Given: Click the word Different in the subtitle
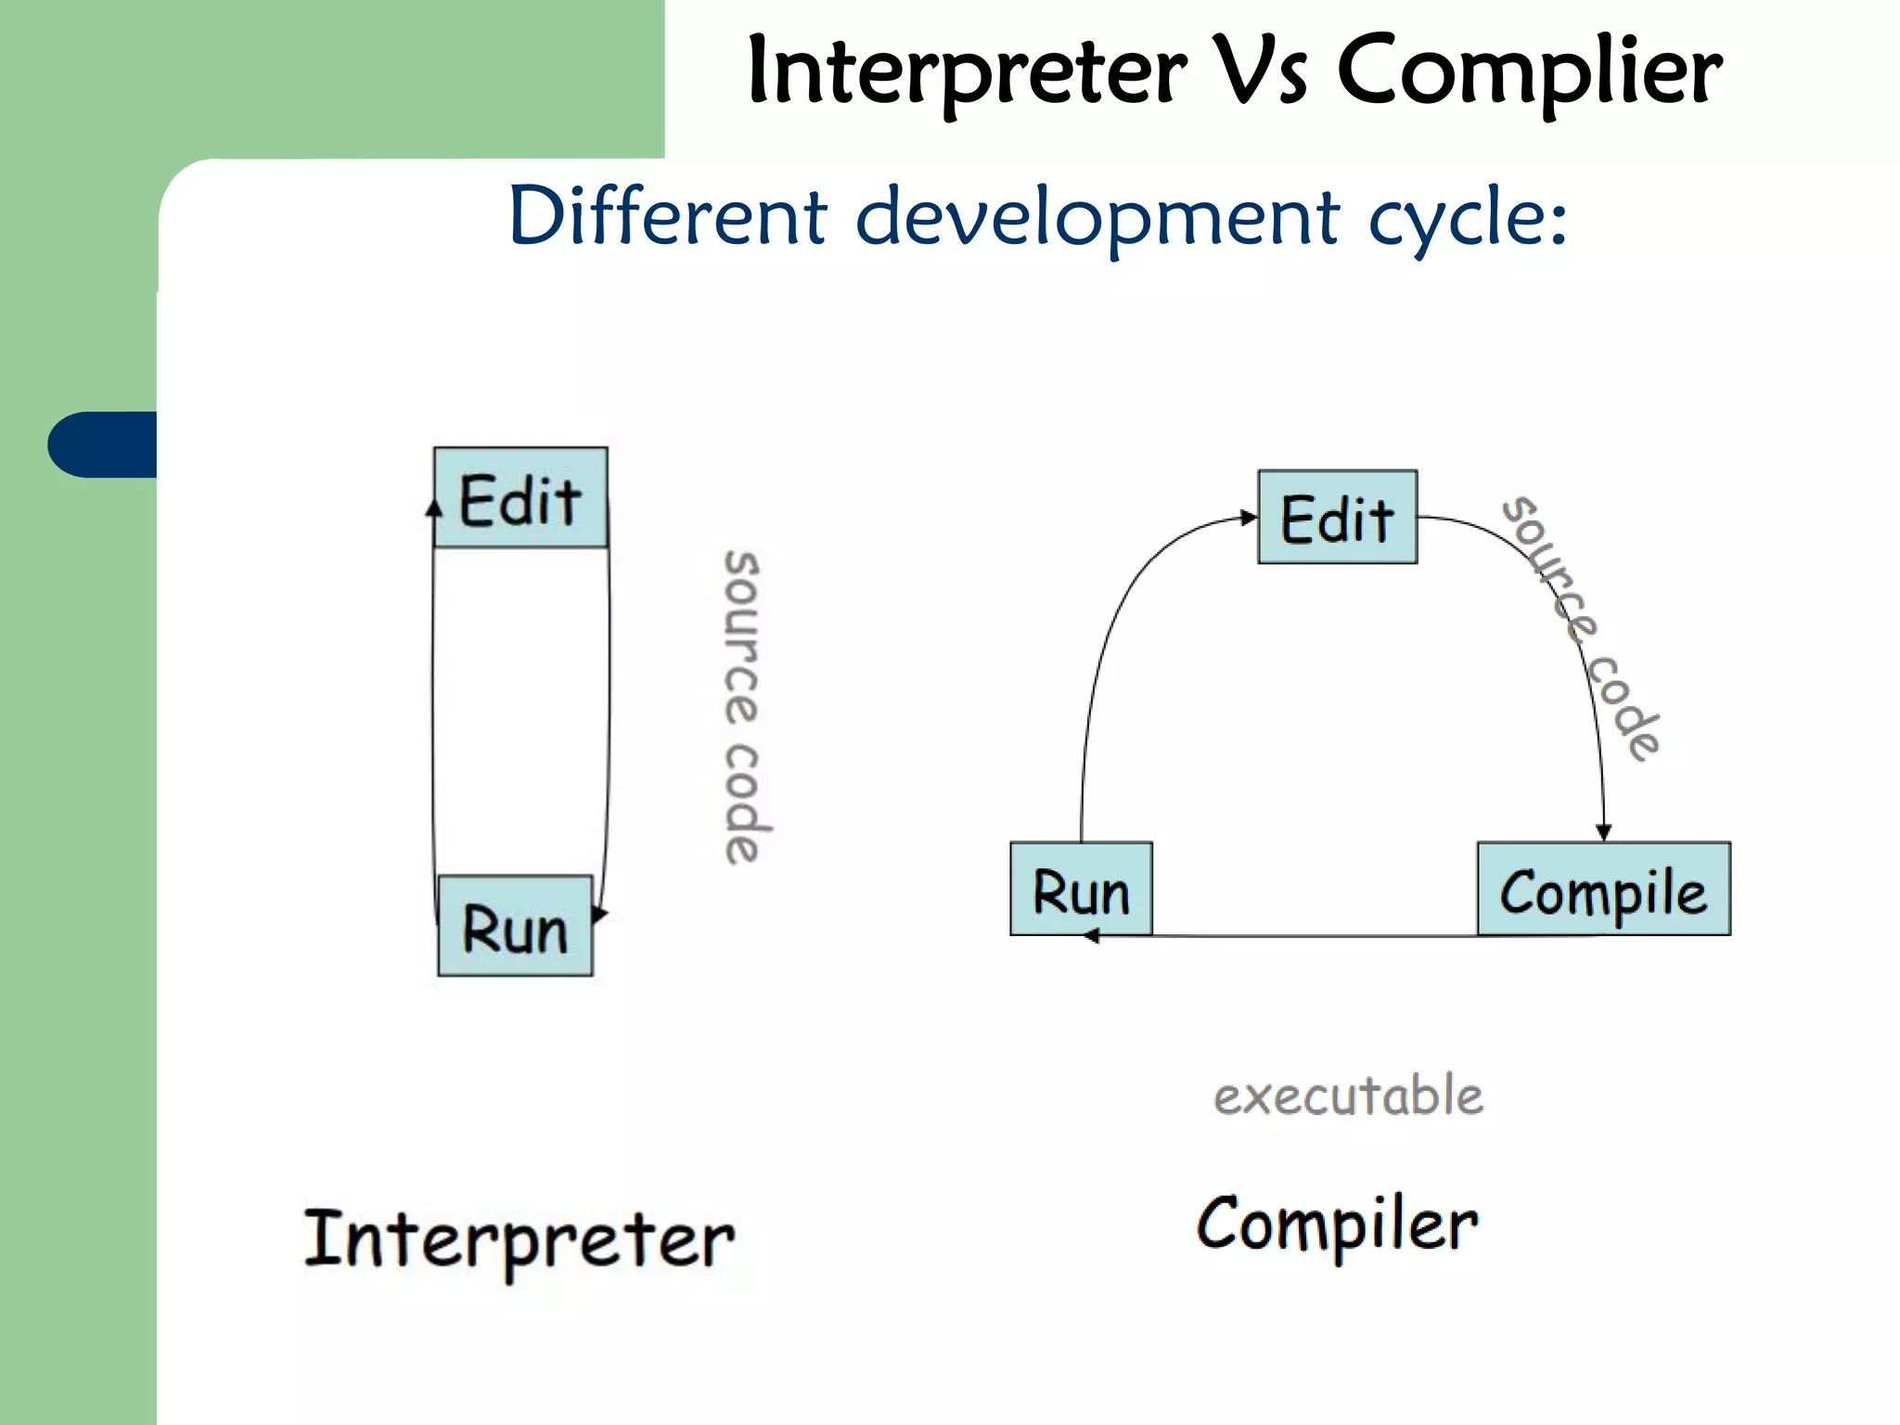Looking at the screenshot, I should click(667, 216).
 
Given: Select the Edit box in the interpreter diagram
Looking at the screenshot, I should click(520, 498).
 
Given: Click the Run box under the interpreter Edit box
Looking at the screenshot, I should click(515, 926).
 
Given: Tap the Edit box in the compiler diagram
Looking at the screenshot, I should click(1337, 517).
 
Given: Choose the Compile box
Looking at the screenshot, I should click(1603, 889).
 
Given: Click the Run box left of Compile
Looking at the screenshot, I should click(1081, 889).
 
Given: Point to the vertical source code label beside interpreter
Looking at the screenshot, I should click(742, 707).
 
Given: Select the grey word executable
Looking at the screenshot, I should click(1348, 1096).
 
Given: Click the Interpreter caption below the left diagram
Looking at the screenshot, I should click(520, 1239).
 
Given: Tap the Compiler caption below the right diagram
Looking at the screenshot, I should click(1336, 1225).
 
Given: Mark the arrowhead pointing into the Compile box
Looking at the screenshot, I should click(1603, 832).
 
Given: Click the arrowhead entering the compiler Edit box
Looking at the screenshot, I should click(1249, 518).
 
